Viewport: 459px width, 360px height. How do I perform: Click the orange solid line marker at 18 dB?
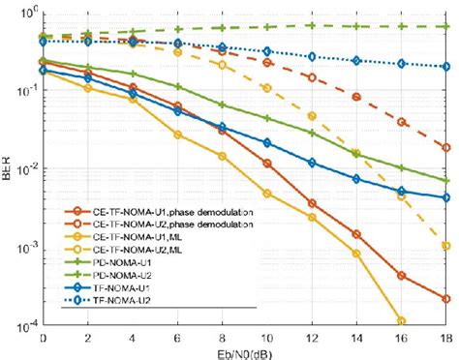pyautogui.click(x=446, y=299)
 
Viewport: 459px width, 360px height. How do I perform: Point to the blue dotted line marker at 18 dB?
pyautogui.click(x=446, y=67)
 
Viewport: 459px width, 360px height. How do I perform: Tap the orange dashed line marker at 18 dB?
pyautogui.click(x=446, y=148)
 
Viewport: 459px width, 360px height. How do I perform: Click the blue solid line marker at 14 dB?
pyautogui.click(x=356, y=179)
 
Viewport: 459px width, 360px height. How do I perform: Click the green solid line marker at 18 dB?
pyautogui.click(x=446, y=181)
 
